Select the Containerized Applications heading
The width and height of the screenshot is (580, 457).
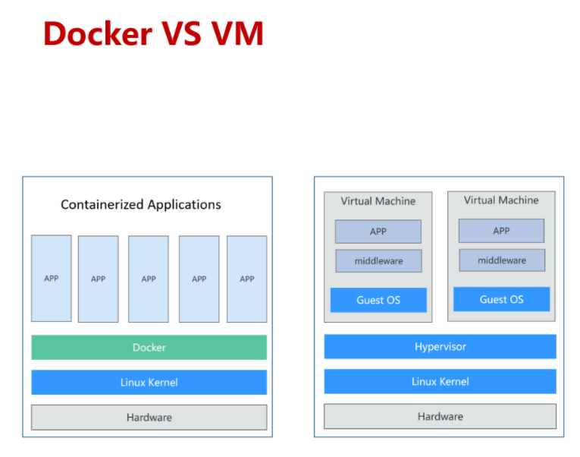point(141,204)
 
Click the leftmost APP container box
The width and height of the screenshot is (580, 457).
point(52,278)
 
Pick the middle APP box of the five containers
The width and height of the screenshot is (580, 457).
point(149,279)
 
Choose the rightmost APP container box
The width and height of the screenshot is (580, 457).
point(247,279)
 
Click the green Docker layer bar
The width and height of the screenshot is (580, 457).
point(149,347)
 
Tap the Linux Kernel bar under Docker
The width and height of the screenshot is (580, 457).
point(149,382)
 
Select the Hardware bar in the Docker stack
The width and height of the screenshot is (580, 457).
point(149,417)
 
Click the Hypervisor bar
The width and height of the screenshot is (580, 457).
point(440,346)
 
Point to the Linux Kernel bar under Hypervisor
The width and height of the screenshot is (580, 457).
point(440,381)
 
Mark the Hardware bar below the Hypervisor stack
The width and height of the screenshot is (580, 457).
point(440,416)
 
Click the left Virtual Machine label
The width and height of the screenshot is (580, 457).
point(378,201)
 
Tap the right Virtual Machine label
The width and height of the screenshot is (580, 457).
point(501,200)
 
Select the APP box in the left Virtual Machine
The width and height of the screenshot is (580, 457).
point(378,232)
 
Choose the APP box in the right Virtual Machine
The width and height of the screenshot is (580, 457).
point(501,231)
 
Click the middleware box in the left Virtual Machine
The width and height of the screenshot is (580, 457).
point(378,261)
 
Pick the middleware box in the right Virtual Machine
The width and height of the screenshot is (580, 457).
point(501,260)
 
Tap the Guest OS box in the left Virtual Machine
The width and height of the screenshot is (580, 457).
point(378,300)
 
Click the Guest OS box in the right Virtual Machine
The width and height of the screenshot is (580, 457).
point(501,299)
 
